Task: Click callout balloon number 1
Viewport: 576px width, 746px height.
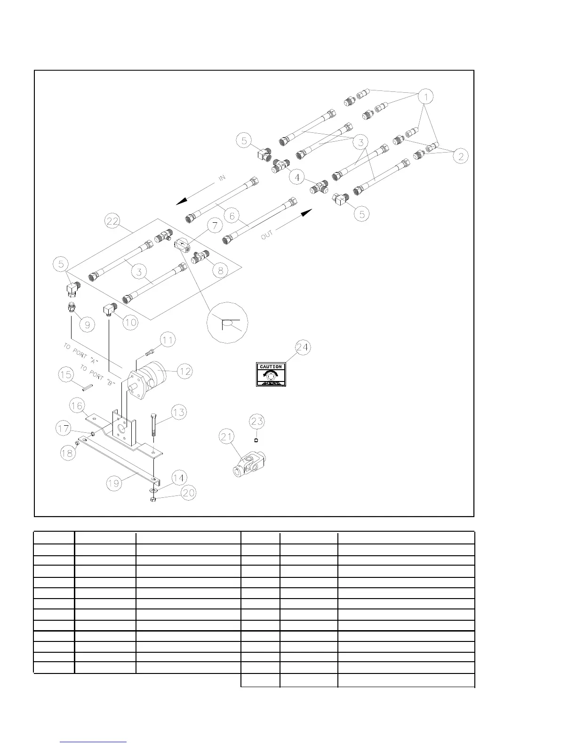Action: pyautogui.click(x=425, y=97)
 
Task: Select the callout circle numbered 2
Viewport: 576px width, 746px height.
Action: pyautogui.click(x=460, y=156)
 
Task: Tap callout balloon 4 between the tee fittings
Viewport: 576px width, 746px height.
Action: pyautogui.click(x=296, y=178)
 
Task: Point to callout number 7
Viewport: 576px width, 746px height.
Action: pyautogui.click(x=215, y=226)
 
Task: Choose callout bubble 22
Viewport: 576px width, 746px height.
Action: pyautogui.click(x=113, y=222)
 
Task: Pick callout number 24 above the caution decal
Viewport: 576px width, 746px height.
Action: pyautogui.click(x=303, y=348)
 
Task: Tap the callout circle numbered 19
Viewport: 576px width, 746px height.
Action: pyautogui.click(x=114, y=483)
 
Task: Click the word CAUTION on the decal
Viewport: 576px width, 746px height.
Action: pyautogui.click(x=271, y=367)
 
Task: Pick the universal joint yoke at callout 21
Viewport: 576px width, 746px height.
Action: pyautogui.click(x=250, y=464)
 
